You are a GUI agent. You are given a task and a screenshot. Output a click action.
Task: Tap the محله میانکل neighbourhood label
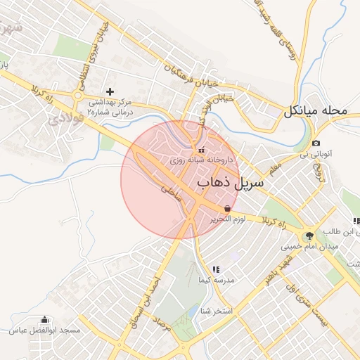[x=316, y=111]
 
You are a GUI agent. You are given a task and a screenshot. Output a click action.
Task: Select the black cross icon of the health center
[x=110, y=91]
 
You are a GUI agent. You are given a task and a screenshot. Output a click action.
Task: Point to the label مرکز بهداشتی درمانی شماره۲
[x=110, y=106]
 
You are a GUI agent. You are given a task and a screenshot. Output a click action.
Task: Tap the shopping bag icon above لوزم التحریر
[x=226, y=209]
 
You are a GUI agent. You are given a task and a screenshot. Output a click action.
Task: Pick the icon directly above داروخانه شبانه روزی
[x=202, y=149]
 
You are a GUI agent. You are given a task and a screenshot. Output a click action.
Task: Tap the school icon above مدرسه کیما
[x=216, y=269]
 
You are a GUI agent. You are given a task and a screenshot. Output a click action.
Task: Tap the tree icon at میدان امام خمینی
[x=310, y=235]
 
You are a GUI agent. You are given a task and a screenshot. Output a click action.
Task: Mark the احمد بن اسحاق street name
[x=150, y=302]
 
